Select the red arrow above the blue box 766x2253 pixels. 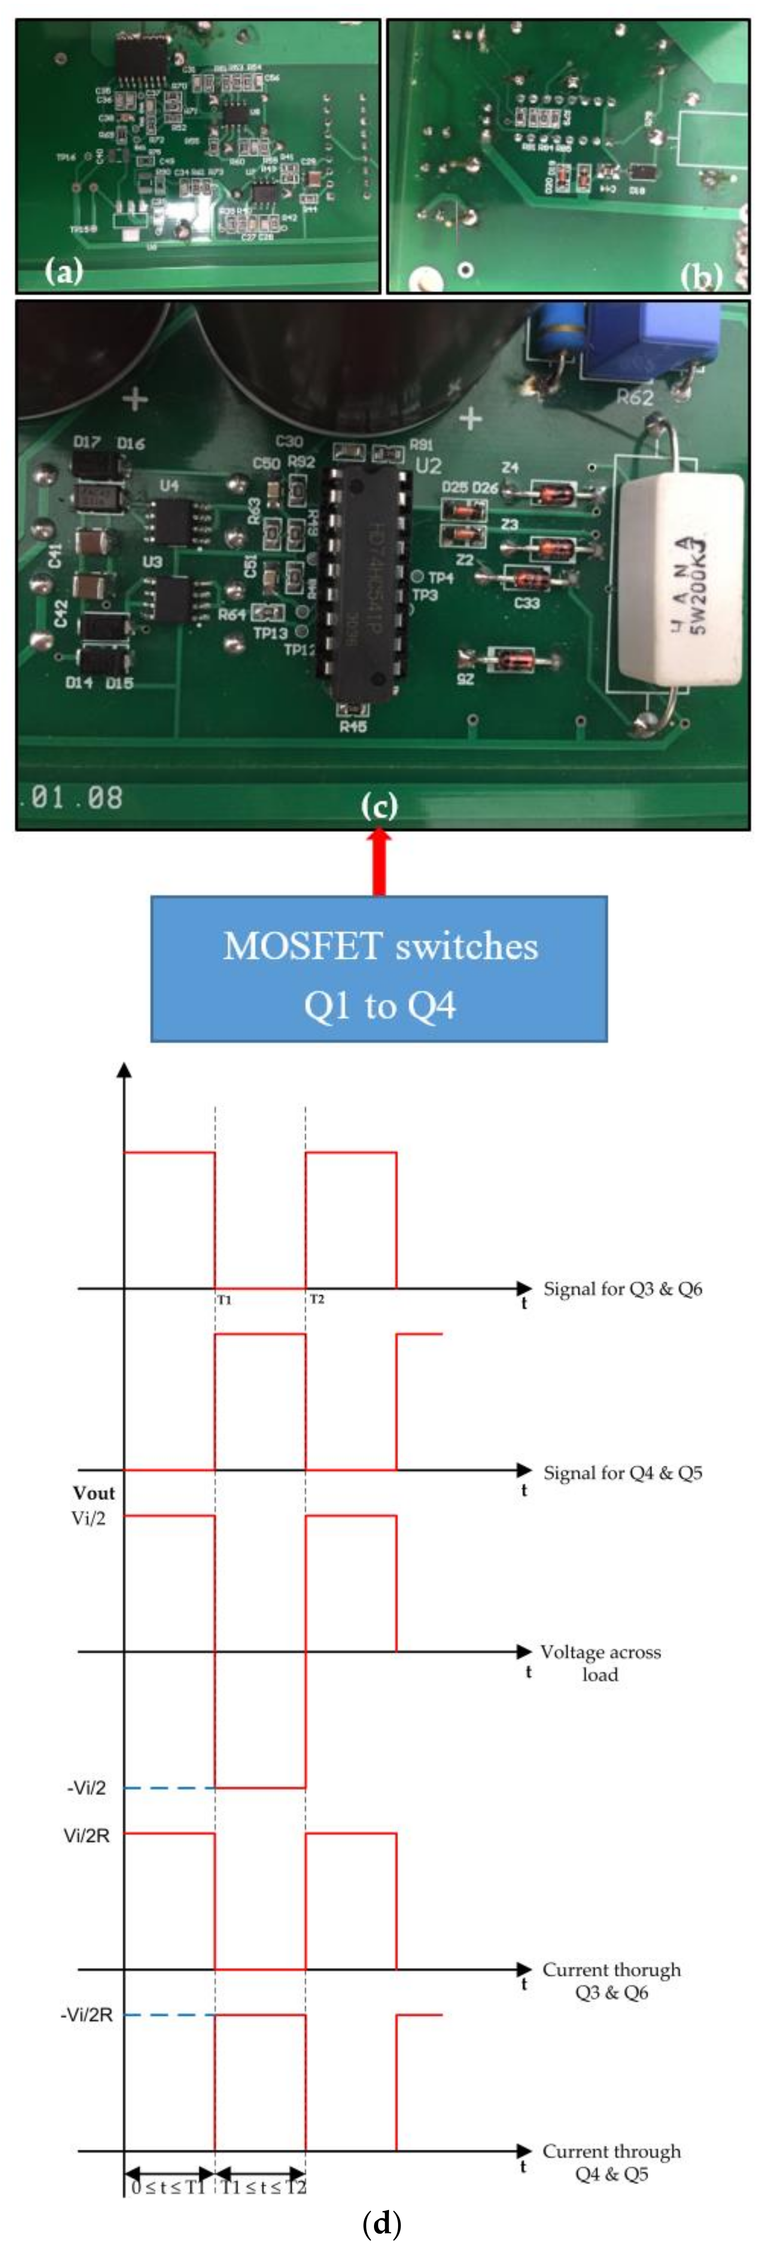[379, 862]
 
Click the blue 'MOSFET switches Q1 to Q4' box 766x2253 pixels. [379, 968]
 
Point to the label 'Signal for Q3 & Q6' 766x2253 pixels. [623, 1288]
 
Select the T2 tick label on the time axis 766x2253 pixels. [316, 1300]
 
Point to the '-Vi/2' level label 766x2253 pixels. [87, 1788]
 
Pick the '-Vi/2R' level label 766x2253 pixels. [87, 2015]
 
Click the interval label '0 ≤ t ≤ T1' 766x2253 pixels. [168, 2186]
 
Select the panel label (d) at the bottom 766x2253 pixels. [381, 2223]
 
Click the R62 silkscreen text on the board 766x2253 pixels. [635, 398]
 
